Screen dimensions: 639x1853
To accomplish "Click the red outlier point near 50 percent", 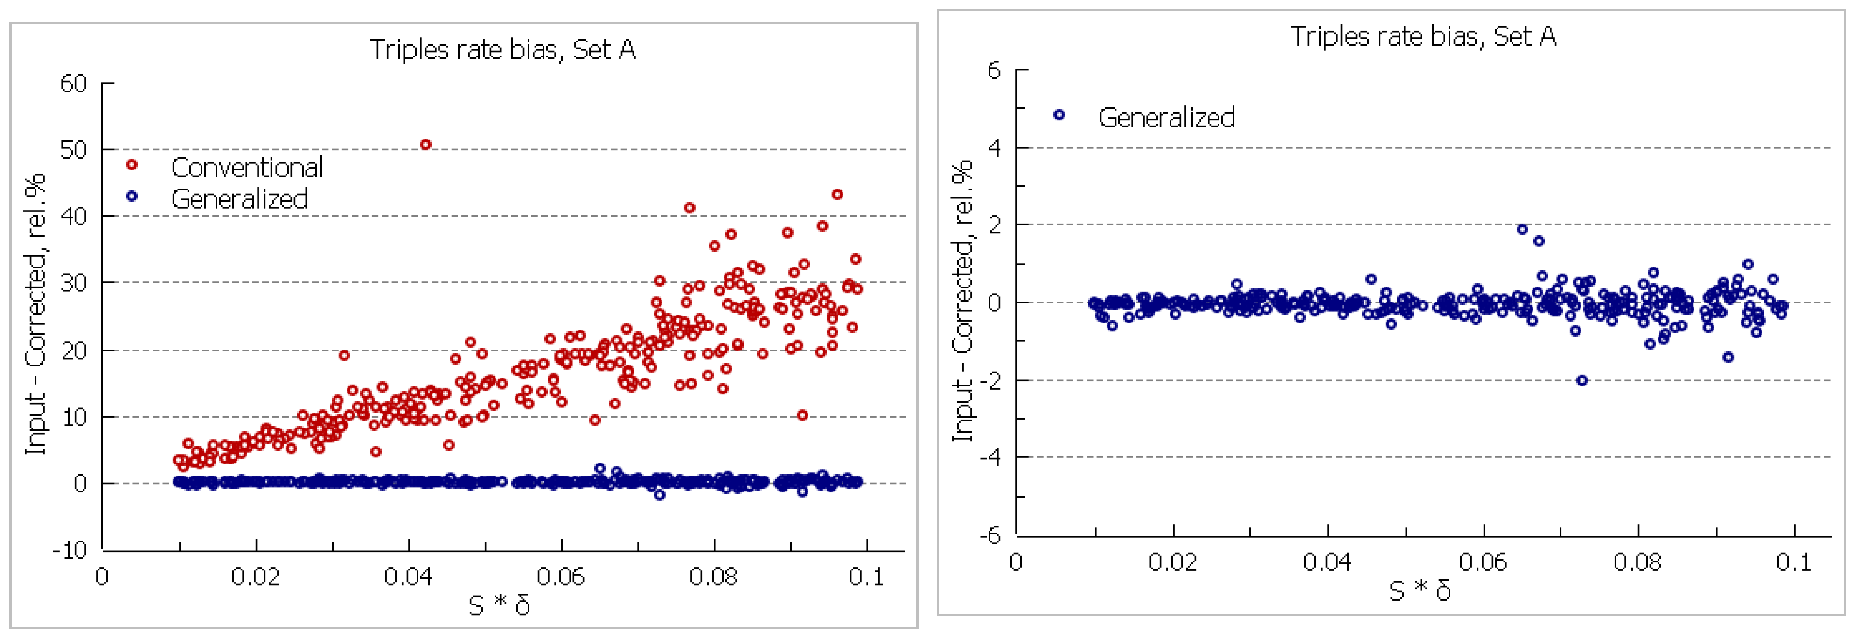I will (x=425, y=145).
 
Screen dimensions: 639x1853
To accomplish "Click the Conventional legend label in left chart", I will (x=247, y=168).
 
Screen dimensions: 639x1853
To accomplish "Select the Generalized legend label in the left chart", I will (x=239, y=199).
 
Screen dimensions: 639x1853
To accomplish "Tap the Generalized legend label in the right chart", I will (x=1166, y=117).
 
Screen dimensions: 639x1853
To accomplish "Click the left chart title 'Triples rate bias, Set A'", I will (x=503, y=49).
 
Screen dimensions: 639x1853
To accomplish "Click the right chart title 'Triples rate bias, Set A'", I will (x=1423, y=36).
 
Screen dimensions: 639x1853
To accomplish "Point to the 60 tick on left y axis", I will (x=73, y=84).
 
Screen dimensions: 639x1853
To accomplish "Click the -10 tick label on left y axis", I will (x=70, y=550).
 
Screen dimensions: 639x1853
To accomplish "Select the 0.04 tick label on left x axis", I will (x=408, y=576).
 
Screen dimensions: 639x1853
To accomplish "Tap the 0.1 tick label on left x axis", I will (x=866, y=576).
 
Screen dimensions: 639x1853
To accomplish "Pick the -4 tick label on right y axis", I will (x=990, y=457).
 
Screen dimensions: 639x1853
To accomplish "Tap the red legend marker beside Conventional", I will (x=132, y=165).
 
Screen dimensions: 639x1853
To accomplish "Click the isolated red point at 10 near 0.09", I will (x=802, y=415).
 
